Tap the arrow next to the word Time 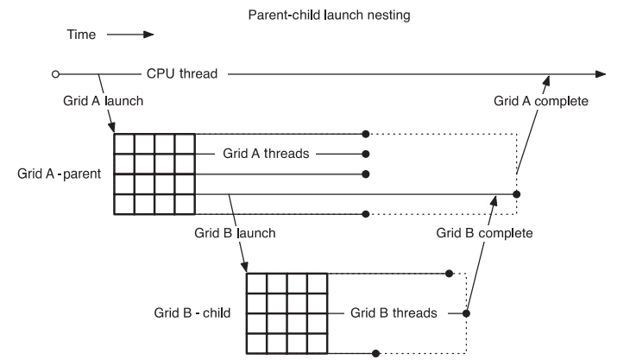(136, 35)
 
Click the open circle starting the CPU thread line (55, 74)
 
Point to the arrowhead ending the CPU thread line (601, 74)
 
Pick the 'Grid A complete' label (541, 101)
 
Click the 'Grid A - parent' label (59, 174)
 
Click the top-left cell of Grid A (123, 143)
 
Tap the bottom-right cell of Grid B (317, 343)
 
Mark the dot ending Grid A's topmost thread (367, 134)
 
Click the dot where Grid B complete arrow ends (516, 194)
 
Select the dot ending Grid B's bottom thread (375, 352)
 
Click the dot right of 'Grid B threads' (467, 313)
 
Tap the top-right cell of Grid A (186, 143)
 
